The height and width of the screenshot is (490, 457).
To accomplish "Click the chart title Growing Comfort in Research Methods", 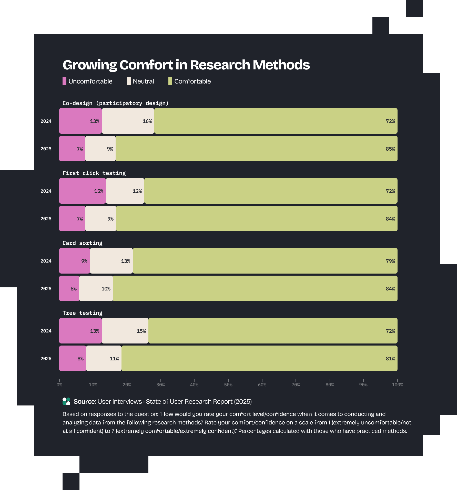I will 186,65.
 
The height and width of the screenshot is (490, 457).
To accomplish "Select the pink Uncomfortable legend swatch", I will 64,81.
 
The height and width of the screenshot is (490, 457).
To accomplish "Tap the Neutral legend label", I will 143,81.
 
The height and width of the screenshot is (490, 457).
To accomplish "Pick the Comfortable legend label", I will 192,81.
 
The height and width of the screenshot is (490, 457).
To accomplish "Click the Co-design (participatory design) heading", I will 115,103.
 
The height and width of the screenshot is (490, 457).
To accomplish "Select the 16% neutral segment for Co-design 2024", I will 128,121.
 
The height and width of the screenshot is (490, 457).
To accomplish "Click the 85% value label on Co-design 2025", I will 390,149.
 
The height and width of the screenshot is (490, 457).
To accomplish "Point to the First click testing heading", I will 94,173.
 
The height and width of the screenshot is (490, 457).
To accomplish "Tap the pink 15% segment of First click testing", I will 83,191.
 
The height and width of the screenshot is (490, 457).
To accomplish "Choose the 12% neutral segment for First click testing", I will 125,191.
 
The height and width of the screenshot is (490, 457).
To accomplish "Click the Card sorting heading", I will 82,243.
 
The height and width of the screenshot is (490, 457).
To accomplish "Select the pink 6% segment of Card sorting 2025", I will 69,288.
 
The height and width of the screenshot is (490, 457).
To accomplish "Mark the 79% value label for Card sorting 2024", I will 390,261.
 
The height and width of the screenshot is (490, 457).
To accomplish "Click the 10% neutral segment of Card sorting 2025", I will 96,288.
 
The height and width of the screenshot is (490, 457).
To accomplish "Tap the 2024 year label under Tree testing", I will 46,331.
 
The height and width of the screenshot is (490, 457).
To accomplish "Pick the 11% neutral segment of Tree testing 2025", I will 104,358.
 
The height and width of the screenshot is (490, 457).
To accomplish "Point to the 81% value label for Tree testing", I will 390,359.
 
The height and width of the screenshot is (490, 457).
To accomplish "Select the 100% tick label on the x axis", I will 397,384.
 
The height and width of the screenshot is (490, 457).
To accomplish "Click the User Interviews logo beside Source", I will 66,401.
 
